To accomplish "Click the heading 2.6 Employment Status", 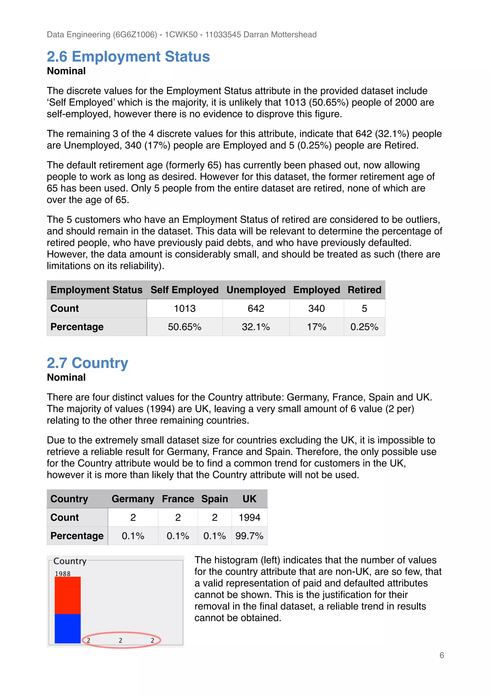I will [128, 57].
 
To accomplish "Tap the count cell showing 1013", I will [185, 308].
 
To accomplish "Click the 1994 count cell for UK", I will [249, 517].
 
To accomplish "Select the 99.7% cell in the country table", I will [249, 536].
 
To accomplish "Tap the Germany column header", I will [133, 499].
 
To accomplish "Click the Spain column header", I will [215, 499].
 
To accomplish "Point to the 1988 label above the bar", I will [63, 574].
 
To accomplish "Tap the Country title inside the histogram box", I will [70, 561].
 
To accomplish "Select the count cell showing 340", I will [316, 308].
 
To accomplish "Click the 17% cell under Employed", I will [316, 327].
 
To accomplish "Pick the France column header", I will [178, 499].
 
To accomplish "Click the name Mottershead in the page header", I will [293, 35].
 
